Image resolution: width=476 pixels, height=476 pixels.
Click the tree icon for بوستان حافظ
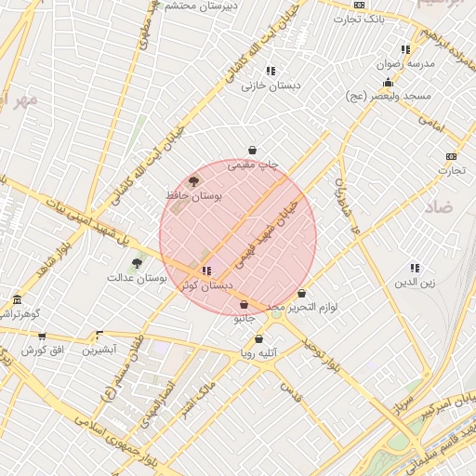193,181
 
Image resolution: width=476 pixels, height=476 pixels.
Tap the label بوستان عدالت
136,277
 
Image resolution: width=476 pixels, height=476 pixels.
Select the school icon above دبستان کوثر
205,271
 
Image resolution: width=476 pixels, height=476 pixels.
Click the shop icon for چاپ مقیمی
252,151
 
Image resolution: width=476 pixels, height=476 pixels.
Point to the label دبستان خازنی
261,86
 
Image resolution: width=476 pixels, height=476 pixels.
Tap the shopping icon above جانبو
244,304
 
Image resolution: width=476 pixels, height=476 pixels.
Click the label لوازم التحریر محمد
301,306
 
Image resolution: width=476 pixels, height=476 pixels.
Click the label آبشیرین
99,350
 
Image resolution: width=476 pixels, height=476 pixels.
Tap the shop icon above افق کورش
41,335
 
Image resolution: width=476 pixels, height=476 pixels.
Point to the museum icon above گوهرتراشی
17,299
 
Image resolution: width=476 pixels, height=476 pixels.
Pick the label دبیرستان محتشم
203,5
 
